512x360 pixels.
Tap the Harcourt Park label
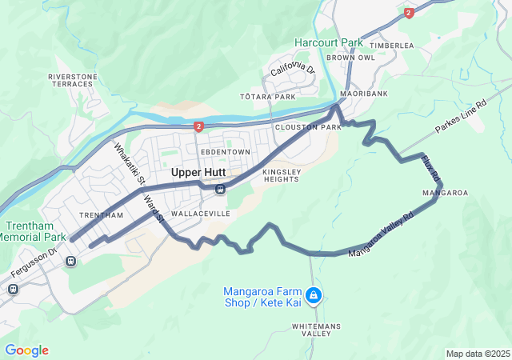tap(328, 42)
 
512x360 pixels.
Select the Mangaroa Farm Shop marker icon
tap(314, 296)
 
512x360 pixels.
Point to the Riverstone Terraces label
tap(73, 80)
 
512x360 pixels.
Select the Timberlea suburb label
tap(392, 46)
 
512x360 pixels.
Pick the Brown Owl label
tap(350, 58)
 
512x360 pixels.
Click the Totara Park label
tap(268, 97)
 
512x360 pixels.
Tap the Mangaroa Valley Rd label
tap(382, 234)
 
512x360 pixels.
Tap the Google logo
tap(26, 350)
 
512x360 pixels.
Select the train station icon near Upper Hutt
tap(220, 189)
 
